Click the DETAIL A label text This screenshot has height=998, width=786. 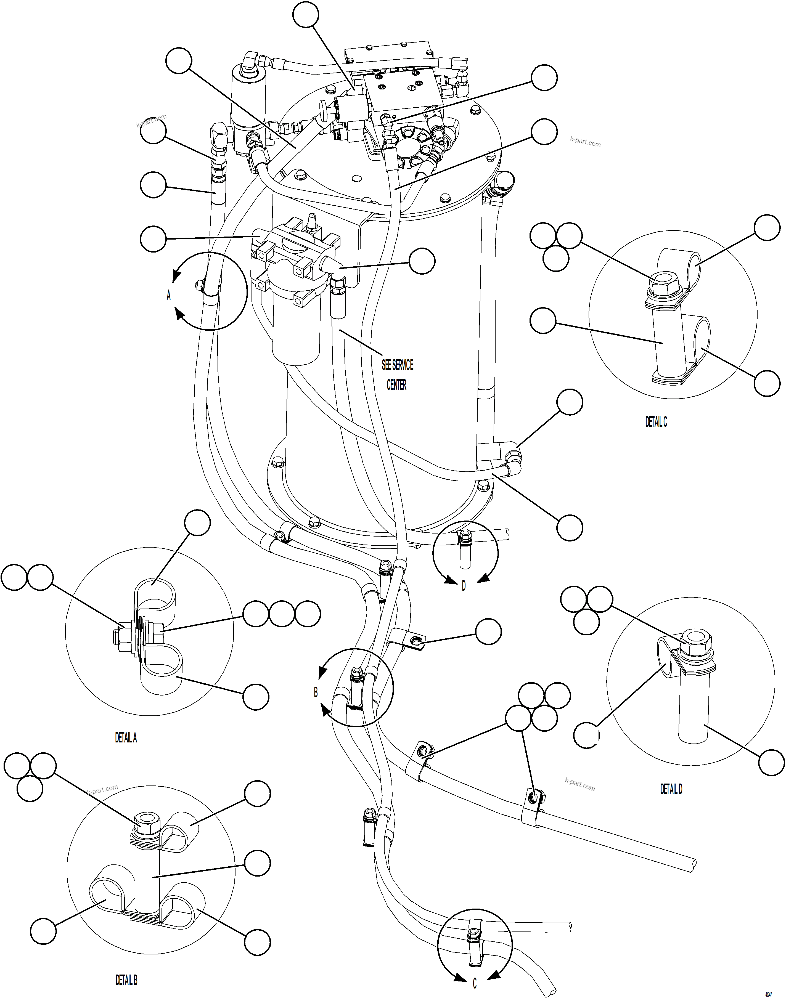[126, 737]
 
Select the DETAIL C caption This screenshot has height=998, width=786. [656, 421]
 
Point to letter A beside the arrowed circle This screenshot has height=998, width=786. [168, 295]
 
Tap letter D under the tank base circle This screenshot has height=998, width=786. [464, 586]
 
